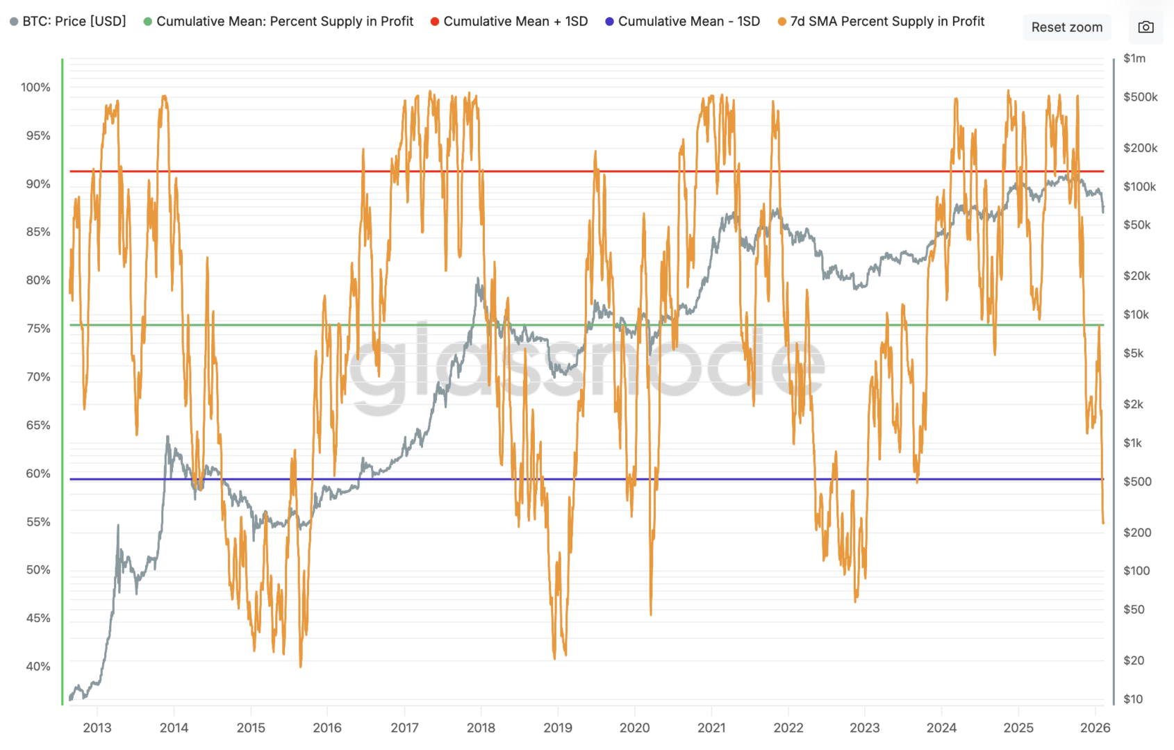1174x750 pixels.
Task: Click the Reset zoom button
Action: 1066,28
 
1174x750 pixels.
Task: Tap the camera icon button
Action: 1146,28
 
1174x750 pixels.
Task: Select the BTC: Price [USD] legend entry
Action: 68,22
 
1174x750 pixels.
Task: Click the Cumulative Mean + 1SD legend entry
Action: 509,22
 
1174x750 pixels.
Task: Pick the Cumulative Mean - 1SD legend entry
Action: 682,22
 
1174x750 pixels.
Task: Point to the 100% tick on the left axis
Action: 35,87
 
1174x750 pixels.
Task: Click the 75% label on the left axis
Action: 38,328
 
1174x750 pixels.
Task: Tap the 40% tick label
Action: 38,667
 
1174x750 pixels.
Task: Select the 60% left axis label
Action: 38,474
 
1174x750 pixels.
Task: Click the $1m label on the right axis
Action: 1134,58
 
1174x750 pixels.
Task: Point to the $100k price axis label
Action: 1139,187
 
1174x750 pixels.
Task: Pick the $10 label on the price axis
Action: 1133,699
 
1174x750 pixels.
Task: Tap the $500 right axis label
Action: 1137,481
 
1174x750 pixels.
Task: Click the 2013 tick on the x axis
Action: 97,728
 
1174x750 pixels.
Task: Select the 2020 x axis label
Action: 634,728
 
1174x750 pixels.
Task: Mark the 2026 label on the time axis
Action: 1096,728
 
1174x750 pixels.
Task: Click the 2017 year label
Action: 404,728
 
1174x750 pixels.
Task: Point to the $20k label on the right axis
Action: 1136,276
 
